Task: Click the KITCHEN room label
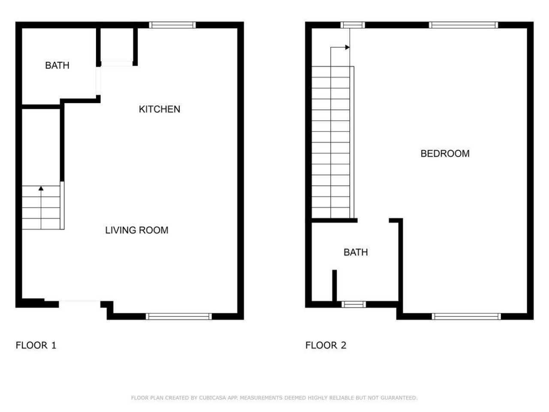click(x=159, y=109)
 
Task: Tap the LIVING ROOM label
click(x=136, y=230)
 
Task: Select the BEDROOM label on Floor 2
click(x=445, y=153)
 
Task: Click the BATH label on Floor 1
click(x=57, y=65)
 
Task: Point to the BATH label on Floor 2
click(x=356, y=252)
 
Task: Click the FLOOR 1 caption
click(x=36, y=345)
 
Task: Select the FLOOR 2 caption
click(x=326, y=345)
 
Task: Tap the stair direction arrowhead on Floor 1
click(x=41, y=188)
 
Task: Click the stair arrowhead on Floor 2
click(x=348, y=47)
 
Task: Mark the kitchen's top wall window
click(x=172, y=25)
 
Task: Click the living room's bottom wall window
click(x=179, y=317)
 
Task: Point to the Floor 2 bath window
click(x=354, y=305)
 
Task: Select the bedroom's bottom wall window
click(x=466, y=317)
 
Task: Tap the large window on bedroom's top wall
click(x=464, y=25)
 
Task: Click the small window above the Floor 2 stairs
click(x=353, y=25)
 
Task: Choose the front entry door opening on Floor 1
click(x=80, y=303)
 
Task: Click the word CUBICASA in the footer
click(x=214, y=398)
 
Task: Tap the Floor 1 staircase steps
click(x=41, y=208)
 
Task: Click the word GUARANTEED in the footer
click(x=398, y=398)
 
